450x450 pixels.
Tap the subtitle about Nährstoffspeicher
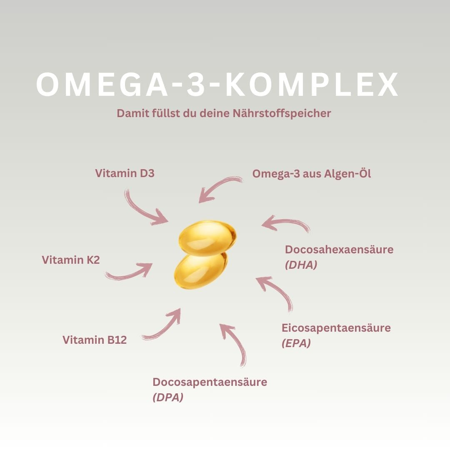(224, 113)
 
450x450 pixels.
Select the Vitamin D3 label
(125, 173)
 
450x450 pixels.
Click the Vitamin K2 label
(71, 260)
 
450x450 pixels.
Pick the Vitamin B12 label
(95, 340)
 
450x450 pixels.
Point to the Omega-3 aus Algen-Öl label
(311, 174)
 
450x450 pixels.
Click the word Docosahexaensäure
(339, 250)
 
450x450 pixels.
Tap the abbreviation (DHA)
(301, 265)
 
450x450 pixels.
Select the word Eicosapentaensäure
(336, 328)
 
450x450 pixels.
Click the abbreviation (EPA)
(296, 343)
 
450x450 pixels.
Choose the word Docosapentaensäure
(210, 382)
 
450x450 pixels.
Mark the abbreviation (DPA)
(168, 397)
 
